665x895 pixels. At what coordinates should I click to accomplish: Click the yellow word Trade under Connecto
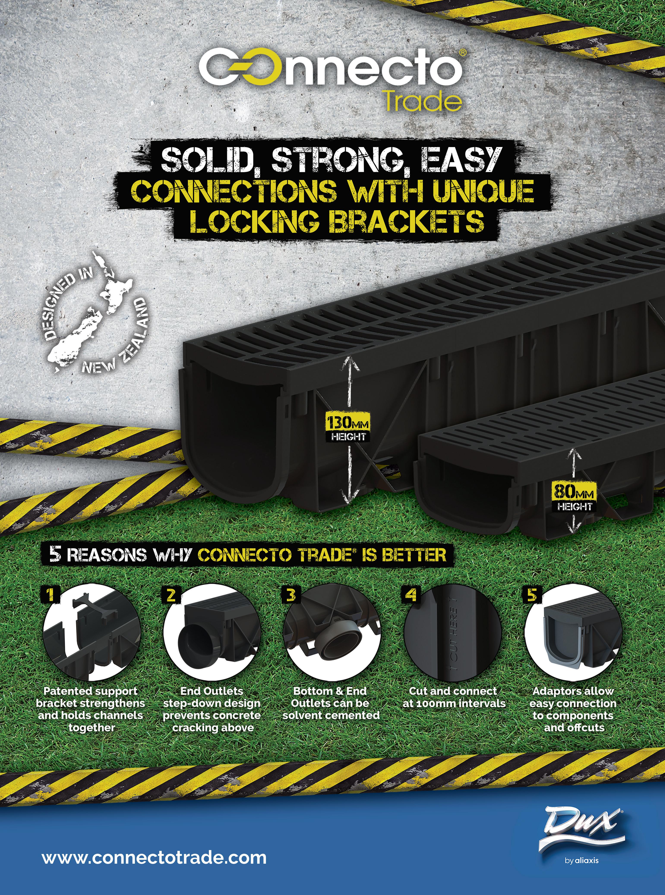pos(422,102)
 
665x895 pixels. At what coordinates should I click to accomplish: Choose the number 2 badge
pos(171,594)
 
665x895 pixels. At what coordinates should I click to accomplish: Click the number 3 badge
pos(291,594)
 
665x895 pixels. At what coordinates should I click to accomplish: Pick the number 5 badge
pos(531,594)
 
